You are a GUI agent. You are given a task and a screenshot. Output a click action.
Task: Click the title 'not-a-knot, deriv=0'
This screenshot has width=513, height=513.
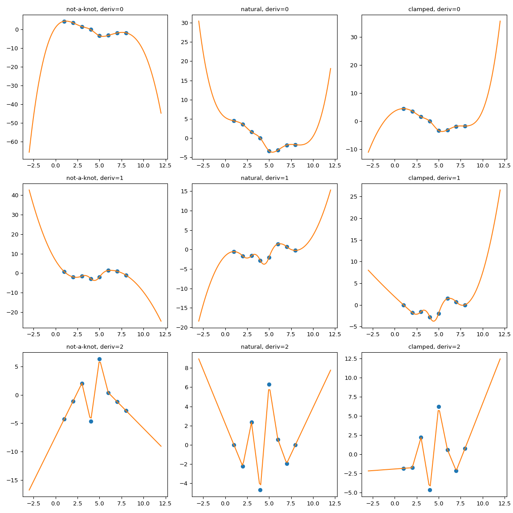pyautogui.click(x=95, y=9)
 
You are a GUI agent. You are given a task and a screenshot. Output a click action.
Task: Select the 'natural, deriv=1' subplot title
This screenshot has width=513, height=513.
pyautogui.click(x=265, y=178)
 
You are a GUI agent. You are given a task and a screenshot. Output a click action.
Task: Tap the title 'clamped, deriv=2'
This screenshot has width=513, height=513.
pyautogui.click(x=434, y=346)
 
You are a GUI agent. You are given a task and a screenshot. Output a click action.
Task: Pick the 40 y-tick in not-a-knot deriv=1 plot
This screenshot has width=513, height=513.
pyautogui.click(x=15, y=195)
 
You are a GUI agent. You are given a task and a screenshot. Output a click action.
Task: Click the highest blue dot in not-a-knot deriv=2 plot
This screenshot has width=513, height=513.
pyautogui.click(x=99, y=359)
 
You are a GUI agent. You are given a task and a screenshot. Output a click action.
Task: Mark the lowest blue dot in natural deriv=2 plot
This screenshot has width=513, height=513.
pyautogui.click(x=260, y=490)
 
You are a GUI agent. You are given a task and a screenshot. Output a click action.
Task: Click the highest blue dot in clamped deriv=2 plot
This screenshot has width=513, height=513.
pyautogui.click(x=439, y=407)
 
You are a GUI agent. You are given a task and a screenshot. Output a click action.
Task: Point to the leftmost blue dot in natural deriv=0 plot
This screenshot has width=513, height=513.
pyautogui.click(x=234, y=121)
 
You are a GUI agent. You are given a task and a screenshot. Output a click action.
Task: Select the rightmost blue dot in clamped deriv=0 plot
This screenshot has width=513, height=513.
pyautogui.click(x=465, y=126)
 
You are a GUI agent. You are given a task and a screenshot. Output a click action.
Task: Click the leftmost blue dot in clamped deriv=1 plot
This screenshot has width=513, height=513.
pyautogui.click(x=403, y=305)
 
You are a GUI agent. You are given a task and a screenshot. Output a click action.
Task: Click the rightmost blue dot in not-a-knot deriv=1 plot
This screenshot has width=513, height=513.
pyautogui.click(x=126, y=275)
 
